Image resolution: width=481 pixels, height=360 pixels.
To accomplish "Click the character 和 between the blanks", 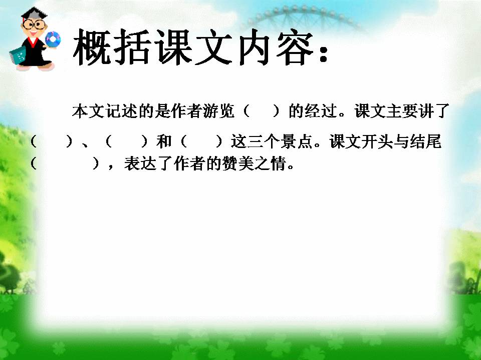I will (164, 142).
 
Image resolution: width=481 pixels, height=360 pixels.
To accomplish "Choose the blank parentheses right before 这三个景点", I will (200, 142).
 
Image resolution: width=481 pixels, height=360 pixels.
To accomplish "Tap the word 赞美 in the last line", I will (232, 164).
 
